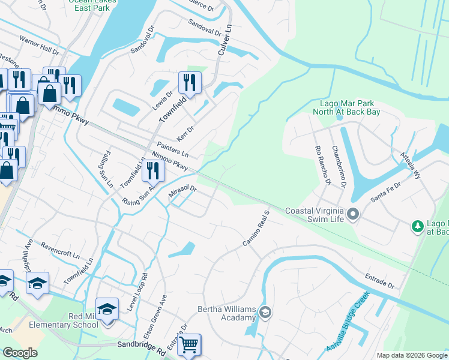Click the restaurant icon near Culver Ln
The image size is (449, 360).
[190, 82]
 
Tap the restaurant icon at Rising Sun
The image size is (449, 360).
[153, 171]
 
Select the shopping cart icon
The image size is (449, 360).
[189, 345]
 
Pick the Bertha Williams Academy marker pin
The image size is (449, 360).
[265, 312]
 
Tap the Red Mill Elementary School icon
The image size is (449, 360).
[107, 310]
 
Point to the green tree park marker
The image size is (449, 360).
[417, 226]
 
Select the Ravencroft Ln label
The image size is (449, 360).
[60, 250]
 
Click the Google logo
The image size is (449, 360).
[20, 353]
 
